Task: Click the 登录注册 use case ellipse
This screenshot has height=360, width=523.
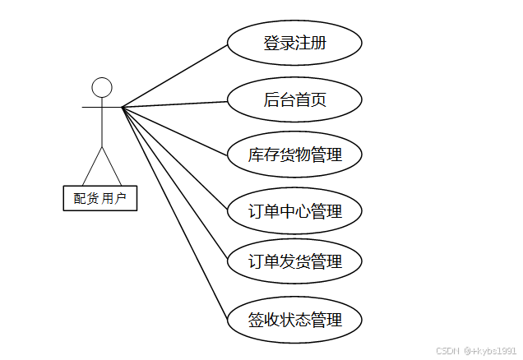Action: [294, 43]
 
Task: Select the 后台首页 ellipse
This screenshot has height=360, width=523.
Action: [294, 100]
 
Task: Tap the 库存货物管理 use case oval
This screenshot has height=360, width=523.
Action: [294, 155]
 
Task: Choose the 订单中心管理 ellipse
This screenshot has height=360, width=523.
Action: [294, 211]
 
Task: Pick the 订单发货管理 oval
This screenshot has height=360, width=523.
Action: [294, 262]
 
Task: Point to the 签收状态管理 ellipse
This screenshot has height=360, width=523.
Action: [294, 319]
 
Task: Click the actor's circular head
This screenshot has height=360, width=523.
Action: [101, 87]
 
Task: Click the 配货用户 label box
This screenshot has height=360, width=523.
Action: [100, 197]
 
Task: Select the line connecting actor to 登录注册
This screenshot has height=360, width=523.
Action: [174, 75]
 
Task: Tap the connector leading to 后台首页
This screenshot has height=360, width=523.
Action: [174, 104]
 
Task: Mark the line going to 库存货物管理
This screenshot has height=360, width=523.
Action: [174, 131]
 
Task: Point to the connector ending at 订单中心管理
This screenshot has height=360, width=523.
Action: [174, 159]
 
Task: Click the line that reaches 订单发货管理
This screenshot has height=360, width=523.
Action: [174, 183]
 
